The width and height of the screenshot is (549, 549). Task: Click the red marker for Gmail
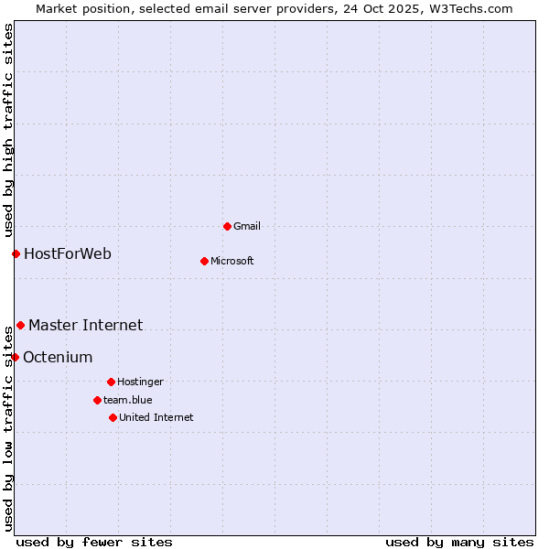227,226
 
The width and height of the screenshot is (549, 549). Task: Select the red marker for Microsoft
204,261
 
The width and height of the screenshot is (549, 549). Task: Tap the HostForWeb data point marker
16,253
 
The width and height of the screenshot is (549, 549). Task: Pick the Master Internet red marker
20,325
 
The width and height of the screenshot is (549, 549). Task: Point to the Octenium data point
15,357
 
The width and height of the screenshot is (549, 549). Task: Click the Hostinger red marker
111,382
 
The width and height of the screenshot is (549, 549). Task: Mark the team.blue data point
97,400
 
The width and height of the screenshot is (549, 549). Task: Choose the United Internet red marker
113,417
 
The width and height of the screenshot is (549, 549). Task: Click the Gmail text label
247,226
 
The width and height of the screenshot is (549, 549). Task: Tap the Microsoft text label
232,261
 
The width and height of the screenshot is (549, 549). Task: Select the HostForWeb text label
68,253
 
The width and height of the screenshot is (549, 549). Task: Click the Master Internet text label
85,325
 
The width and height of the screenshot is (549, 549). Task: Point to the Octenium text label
58,357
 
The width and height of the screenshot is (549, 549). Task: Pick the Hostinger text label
140,382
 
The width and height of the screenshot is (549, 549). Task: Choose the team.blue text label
128,400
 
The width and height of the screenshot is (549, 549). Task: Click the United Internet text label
156,417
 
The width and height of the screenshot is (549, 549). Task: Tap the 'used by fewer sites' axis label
94,542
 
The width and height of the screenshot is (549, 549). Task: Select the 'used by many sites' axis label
459,542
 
